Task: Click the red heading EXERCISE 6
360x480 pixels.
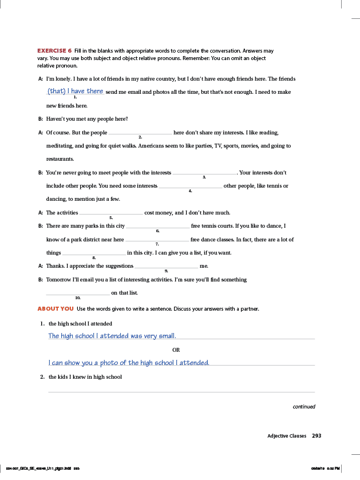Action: point(54,51)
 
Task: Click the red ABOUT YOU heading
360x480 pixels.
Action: point(56,309)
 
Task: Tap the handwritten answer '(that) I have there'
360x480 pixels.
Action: point(76,92)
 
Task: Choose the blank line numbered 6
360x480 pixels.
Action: point(157,227)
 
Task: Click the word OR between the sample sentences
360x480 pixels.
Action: point(176,350)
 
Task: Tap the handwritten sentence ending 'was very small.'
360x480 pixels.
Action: point(112,336)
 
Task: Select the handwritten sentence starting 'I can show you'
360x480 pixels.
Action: point(129,363)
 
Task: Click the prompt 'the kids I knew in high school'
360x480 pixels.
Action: point(85,377)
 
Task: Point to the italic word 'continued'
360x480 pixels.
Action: point(304,407)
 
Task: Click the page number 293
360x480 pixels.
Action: point(317,436)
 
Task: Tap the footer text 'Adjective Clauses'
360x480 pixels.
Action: point(287,436)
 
